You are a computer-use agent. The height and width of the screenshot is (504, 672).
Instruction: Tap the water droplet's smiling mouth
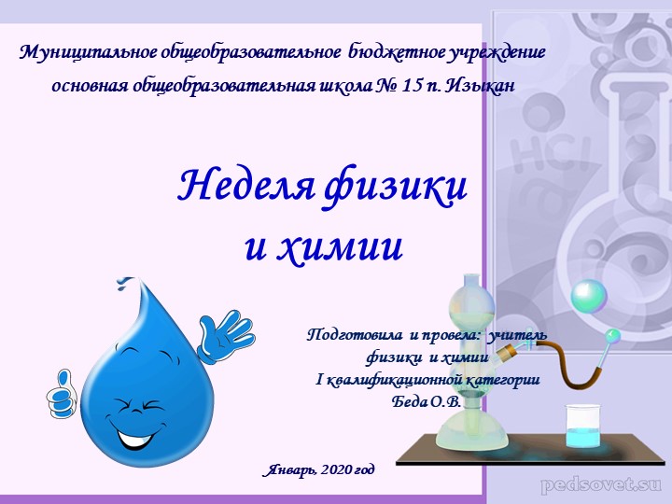137,432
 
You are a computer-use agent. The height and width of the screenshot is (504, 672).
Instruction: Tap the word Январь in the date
290,468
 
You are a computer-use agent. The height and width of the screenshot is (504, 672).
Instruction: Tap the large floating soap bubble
589,296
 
